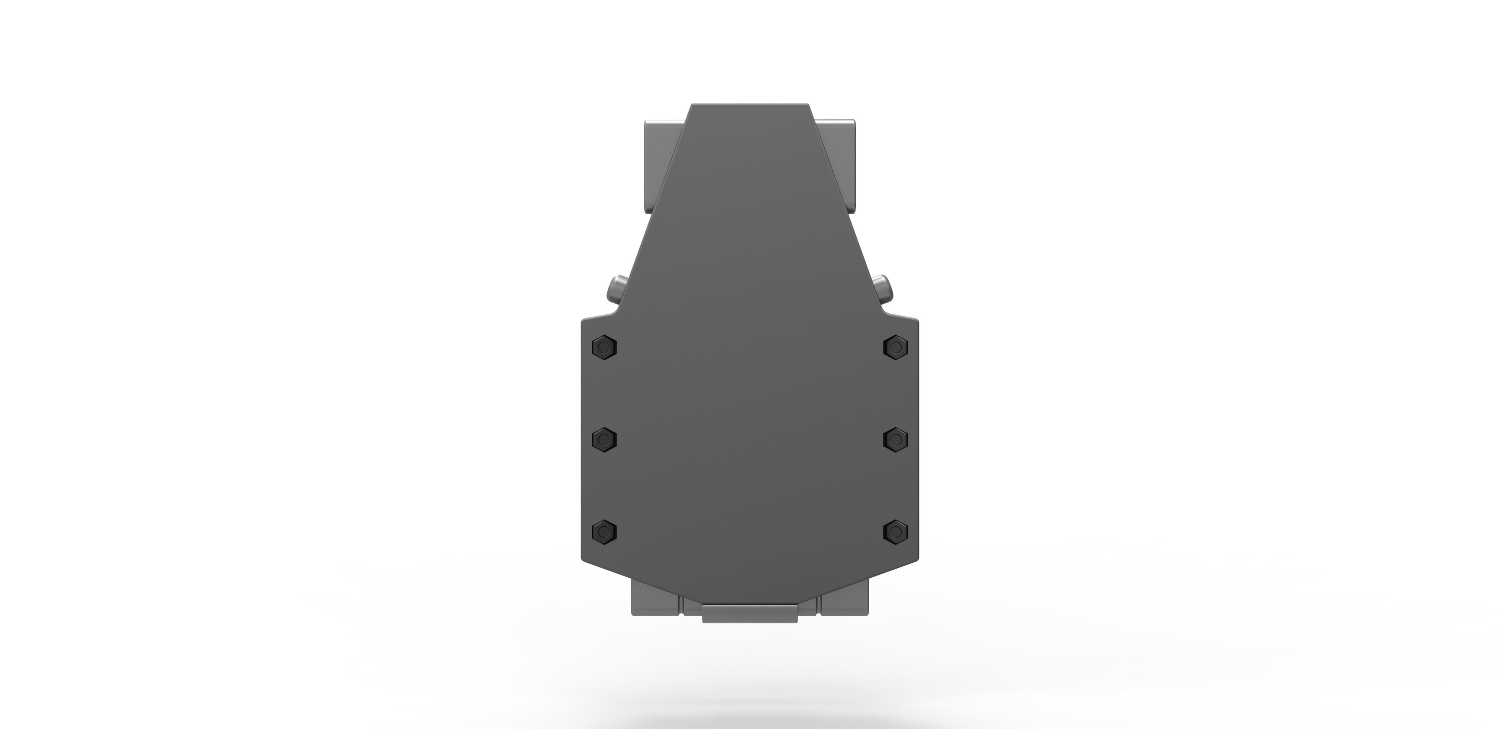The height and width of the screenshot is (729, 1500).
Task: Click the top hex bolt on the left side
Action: pos(604,348)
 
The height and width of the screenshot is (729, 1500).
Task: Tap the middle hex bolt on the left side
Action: pos(604,438)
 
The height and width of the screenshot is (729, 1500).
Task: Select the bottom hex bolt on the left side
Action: pos(604,531)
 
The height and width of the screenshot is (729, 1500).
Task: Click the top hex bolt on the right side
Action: pos(896,348)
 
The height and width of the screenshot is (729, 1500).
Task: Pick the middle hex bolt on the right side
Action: pos(896,438)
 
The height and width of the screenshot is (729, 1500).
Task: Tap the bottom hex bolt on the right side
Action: pos(896,531)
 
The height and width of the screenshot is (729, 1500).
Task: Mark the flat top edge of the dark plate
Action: pos(750,105)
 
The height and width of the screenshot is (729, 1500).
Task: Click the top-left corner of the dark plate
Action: pos(692,105)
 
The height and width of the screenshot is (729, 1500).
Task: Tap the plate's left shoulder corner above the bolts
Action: pos(583,320)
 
